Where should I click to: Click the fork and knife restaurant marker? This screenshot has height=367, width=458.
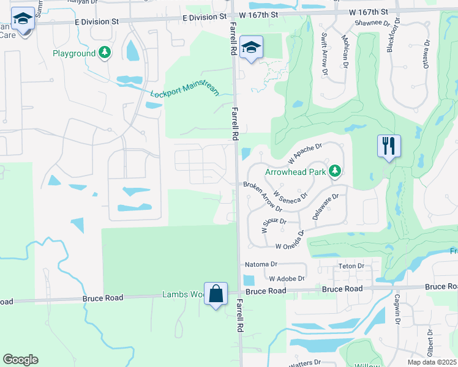389,146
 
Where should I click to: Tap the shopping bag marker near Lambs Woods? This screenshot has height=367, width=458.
216,294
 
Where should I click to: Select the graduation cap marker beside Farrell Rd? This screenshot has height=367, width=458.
251,48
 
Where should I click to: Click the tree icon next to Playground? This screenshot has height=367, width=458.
106,53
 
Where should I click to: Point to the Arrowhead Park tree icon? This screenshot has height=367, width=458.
335,171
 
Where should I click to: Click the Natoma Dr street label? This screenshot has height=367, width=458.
261,265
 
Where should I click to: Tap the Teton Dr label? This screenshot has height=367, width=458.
351,266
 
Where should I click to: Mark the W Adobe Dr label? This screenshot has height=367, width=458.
282,278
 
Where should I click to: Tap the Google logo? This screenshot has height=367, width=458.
20,360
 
